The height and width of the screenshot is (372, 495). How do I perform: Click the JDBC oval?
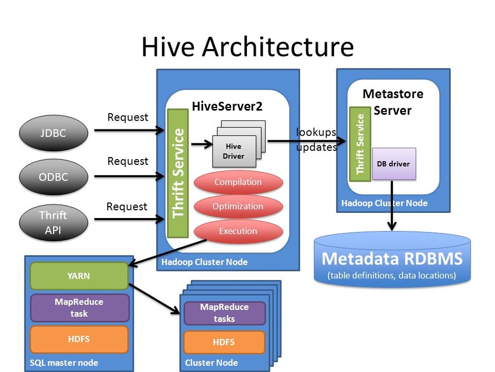[53, 133]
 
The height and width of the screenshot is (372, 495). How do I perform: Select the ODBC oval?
[53, 176]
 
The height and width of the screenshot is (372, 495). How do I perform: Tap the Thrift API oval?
[53, 222]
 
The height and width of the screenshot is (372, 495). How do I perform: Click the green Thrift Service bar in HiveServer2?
[177, 173]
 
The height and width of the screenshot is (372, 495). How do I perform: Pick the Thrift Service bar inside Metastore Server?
[358, 144]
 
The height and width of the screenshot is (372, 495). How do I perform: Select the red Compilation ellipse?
[238, 183]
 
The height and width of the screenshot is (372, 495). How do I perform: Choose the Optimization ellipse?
[238, 207]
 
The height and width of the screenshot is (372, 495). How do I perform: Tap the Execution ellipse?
[238, 231]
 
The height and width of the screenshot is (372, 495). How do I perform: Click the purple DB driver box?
[393, 164]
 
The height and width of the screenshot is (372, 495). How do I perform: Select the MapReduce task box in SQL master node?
[79, 308]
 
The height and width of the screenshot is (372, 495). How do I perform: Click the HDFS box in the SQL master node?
[79, 339]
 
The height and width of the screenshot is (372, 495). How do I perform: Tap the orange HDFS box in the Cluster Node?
[224, 342]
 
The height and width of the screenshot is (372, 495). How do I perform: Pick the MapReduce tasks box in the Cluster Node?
[224, 313]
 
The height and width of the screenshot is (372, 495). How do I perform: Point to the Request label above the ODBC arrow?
[128, 161]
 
